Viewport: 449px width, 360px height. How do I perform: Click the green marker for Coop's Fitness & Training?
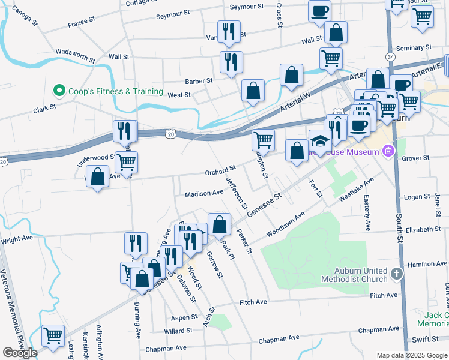[59, 91]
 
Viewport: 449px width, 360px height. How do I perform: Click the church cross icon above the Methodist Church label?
[396, 274]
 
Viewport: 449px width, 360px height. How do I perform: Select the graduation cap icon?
[320, 142]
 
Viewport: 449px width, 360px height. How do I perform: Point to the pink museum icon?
[388, 151]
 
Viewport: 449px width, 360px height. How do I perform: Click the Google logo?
[19, 353]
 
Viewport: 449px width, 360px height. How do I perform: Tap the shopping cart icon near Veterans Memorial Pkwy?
[53, 335]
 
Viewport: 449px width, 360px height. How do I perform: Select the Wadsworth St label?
[75, 56]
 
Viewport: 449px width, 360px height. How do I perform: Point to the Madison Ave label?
[203, 193]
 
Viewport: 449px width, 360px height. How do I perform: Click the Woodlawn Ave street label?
[286, 223]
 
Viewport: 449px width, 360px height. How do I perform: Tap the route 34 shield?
[391, 56]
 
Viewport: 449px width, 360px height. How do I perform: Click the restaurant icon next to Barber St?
[231, 61]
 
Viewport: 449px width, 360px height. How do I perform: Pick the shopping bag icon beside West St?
[253, 91]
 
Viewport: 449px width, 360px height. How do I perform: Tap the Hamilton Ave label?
[427, 264]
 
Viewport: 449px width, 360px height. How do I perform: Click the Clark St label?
[44, 109]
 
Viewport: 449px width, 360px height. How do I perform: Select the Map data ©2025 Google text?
[412, 355]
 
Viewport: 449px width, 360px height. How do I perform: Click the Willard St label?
[178, 331]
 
